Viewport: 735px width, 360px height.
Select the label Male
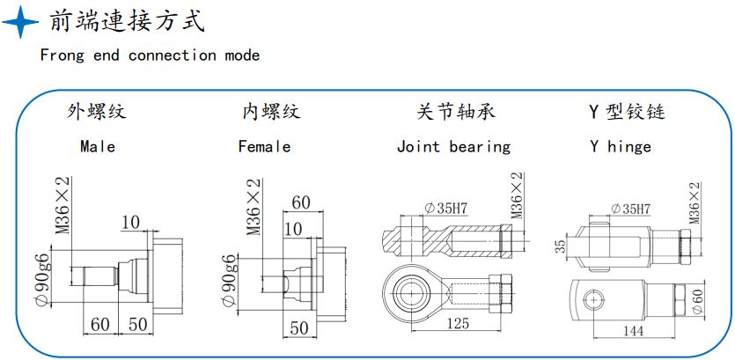[x=97, y=146]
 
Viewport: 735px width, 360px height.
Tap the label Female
[x=264, y=146]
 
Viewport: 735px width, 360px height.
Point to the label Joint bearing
[x=453, y=146]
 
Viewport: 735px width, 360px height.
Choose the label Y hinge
[x=621, y=146]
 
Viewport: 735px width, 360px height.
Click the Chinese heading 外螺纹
[x=97, y=112]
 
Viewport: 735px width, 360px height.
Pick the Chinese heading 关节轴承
[x=455, y=112]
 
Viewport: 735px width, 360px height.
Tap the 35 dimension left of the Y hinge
[x=561, y=246]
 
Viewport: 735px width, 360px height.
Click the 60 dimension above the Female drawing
[x=301, y=202]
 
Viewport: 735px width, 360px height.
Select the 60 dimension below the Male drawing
[x=100, y=324]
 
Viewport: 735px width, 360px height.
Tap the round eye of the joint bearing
[x=408, y=288]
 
